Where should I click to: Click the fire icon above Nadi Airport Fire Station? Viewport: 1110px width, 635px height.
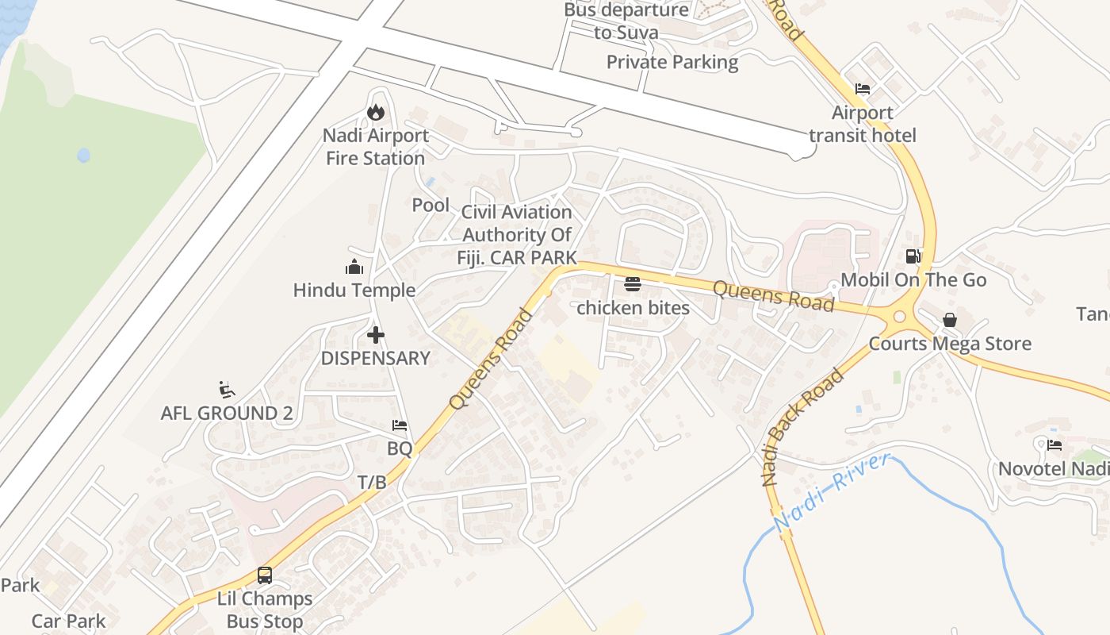pyautogui.click(x=376, y=113)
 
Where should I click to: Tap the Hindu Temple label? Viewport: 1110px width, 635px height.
pyautogui.click(x=354, y=291)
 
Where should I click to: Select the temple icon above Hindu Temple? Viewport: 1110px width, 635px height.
pyautogui.click(x=354, y=267)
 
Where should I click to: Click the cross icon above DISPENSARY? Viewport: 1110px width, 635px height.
pyautogui.click(x=376, y=335)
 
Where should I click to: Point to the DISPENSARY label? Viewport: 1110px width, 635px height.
pyautogui.click(x=376, y=358)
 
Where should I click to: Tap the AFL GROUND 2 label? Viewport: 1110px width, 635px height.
pyautogui.click(x=227, y=414)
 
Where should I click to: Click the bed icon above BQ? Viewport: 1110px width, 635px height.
pyautogui.click(x=400, y=426)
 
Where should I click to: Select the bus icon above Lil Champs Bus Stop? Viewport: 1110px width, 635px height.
pyautogui.click(x=265, y=575)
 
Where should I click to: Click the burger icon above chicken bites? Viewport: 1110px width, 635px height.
pyautogui.click(x=633, y=284)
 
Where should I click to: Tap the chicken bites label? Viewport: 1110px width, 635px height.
pyautogui.click(x=633, y=308)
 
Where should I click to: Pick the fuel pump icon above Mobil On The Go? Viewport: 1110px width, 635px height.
pyautogui.click(x=913, y=256)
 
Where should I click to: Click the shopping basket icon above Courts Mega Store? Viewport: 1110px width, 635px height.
pyautogui.click(x=950, y=321)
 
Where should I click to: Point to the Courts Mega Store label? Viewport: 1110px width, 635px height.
pyautogui.click(x=950, y=344)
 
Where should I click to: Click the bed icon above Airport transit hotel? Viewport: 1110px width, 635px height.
pyautogui.click(x=863, y=89)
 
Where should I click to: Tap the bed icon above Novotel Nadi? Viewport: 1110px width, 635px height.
pyautogui.click(x=1054, y=445)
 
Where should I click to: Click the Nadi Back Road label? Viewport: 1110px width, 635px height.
pyautogui.click(x=802, y=428)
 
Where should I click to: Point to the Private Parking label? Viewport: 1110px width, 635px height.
pyautogui.click(x=672, y=62)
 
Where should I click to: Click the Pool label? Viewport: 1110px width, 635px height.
pyautogui.click(x=431, y=205)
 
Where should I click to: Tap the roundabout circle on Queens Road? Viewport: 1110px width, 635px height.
pyautogui.click(x=899, y=317)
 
